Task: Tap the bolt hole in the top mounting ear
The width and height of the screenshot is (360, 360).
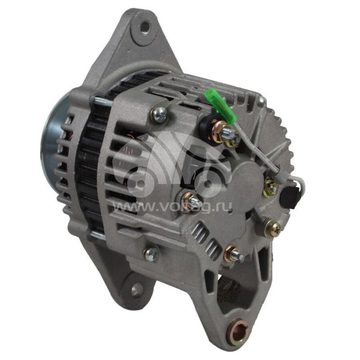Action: point(144,28)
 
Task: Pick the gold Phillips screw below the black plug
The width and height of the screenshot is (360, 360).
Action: point(272,228)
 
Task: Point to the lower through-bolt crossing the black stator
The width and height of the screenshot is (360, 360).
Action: point(98,234)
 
